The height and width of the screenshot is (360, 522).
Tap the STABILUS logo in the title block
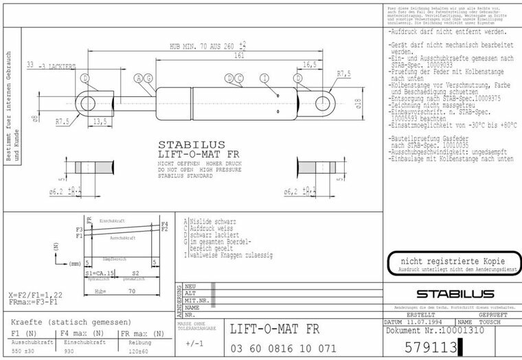pos(451,294)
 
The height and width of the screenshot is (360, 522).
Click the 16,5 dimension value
pos(309,65)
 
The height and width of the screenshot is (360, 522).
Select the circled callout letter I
pos(265,78)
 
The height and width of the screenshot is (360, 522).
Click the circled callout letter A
pos(139,78)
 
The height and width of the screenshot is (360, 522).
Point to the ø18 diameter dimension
pos(358,103)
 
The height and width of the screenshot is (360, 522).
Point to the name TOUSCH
pos(490,322)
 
